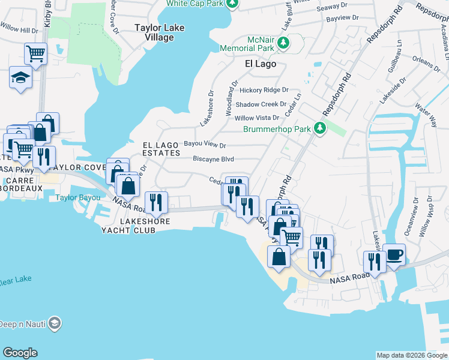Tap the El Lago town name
(x=261, y=63)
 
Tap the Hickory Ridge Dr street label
(x=264, y=90)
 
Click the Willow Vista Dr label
(x=257, y=118)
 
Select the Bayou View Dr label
(x=205, y=145)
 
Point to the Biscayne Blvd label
(x=213, y=159)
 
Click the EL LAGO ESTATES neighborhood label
(x=161, y=149)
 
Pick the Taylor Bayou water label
(x=75, y=197)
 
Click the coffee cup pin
(x=394, y=254)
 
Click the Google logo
(x=20, y=353)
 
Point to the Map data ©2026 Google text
(x=411, y=355)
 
